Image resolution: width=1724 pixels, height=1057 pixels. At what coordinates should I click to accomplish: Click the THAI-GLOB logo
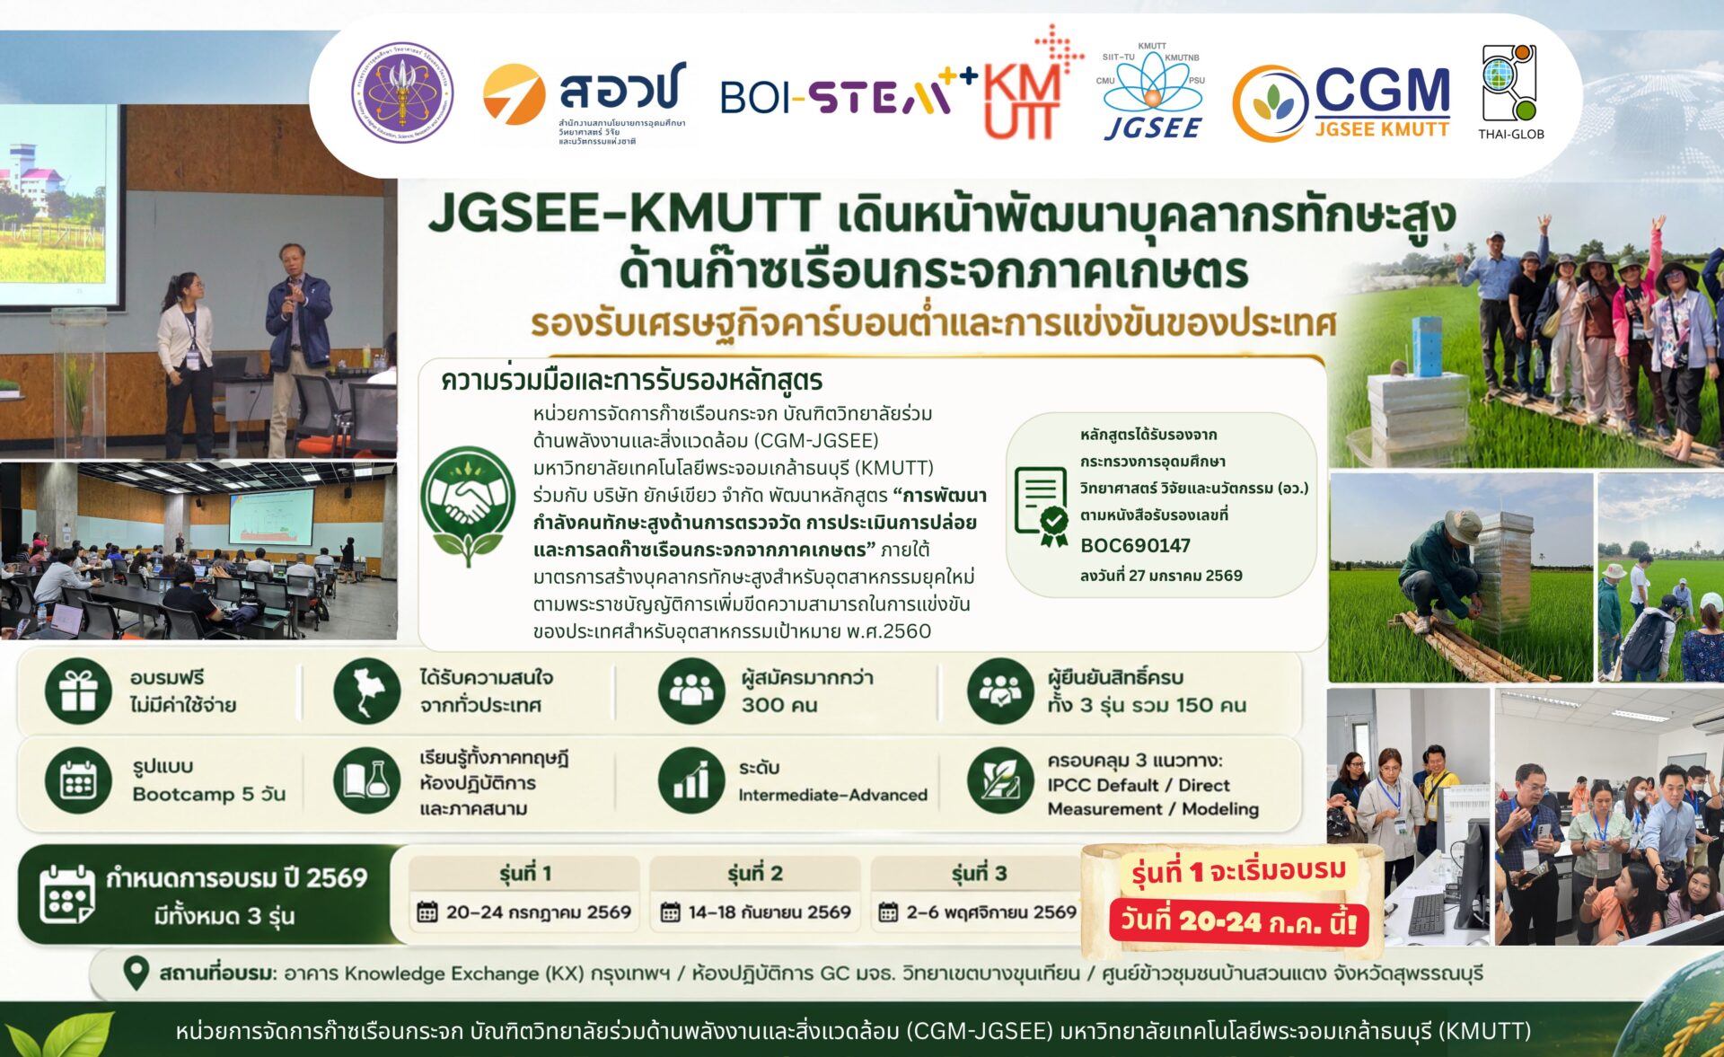tap(1511, 92)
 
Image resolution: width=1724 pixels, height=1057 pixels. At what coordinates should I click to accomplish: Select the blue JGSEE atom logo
tap(1152, 91)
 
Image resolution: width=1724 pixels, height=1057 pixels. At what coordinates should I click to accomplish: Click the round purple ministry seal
tap(402, 92)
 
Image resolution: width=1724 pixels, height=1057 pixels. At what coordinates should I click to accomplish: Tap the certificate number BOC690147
tap(1135, 545)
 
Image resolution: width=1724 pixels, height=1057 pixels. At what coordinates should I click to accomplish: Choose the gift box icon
tap(78, 691)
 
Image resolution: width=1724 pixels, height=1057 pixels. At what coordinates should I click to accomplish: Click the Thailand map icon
tap(366, 691)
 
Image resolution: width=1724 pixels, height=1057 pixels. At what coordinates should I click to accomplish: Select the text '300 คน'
tap(779, 705)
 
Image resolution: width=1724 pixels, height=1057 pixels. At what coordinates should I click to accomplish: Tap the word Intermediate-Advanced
tap(832, 795)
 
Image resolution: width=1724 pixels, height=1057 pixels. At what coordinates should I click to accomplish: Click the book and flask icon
tap(366, 780)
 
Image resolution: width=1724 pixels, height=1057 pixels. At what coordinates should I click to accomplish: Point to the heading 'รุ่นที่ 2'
tap(755, 873)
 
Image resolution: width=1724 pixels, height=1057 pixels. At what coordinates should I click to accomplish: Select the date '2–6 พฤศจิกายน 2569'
tap(991, 912)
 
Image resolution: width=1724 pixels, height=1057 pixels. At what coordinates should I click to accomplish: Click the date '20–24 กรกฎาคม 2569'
tap(539, 912)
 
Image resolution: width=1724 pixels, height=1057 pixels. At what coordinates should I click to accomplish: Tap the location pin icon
tap(136, 973)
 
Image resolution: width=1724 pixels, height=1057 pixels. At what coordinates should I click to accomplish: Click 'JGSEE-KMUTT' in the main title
tap(624, 213)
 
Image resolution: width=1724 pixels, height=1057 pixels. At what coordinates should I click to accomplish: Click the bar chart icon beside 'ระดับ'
tap(690, 780)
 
